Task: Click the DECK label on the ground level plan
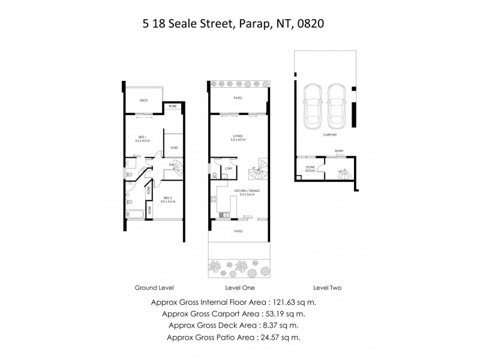[143, 100]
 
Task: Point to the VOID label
[174, 147]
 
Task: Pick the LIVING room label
[238, 136]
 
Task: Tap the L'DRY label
[228, 169]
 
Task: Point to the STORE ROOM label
[310, 169]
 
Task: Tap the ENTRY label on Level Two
[340, 151]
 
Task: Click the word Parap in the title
[250, 25]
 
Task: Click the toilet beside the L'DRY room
[215, 176]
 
